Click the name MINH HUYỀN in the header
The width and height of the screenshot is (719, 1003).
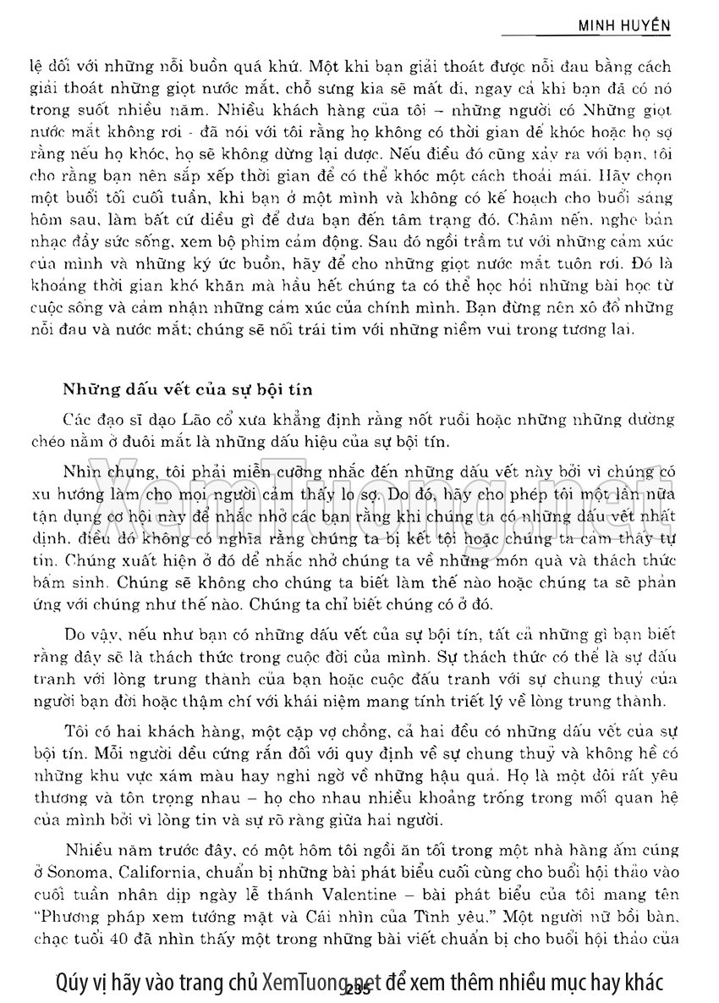pyautogui.click(x=624, y=25)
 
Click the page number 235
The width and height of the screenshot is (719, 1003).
pyautogui.click(x=359, y=984)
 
